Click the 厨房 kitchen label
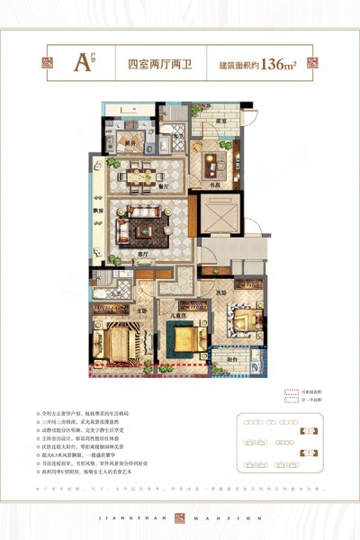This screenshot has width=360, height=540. (130, 143)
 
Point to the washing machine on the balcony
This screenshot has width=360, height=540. (254, 364)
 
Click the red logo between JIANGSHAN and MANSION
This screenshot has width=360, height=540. (180, 517)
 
